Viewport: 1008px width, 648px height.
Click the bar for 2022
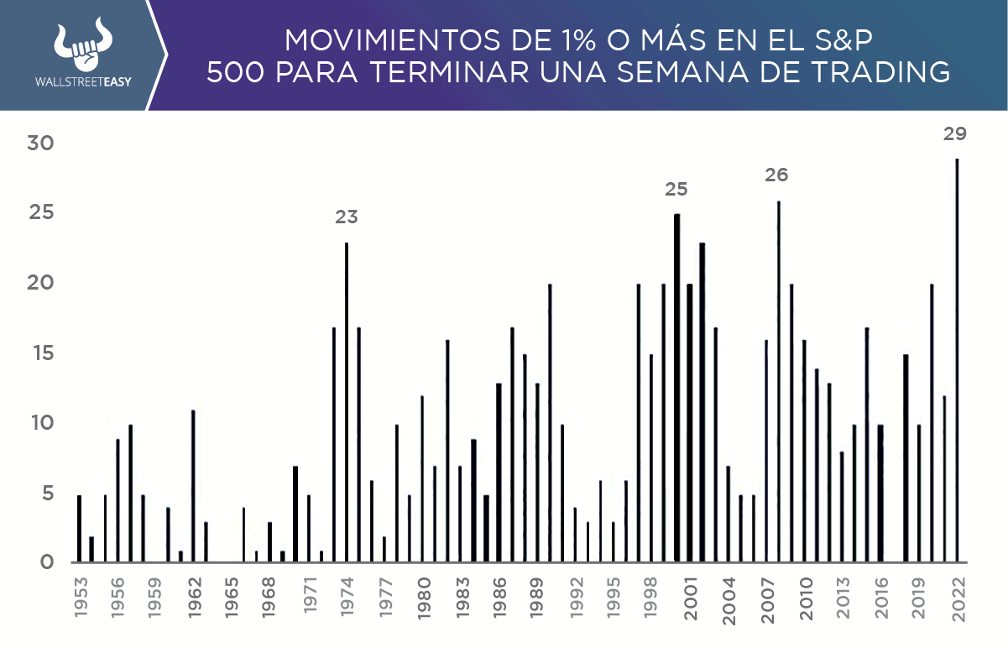click(957, 361)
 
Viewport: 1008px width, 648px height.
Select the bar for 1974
click(347, 403)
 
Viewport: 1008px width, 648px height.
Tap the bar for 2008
click(779, 382)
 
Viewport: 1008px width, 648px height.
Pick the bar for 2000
click(676, 388)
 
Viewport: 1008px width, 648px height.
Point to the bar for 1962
click(193, 486)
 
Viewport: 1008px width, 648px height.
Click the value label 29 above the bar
click(954, 133)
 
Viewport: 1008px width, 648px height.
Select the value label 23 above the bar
click(347, 217)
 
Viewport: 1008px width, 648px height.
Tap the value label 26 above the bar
click(776, 175)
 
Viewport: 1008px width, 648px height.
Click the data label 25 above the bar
click(676, 190)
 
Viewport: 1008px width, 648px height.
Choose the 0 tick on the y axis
click(46, 562)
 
